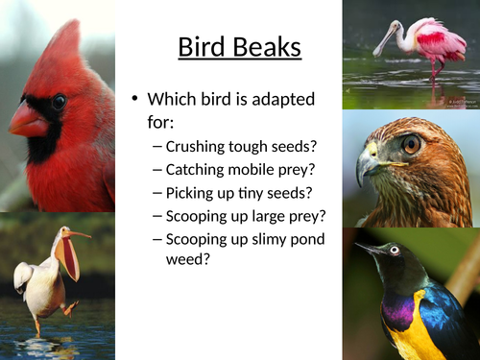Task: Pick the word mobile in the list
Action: (260, 170)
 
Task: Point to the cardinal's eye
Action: (60, 101)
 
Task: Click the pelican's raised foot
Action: (69, 308)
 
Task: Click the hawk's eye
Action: (411, 144)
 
